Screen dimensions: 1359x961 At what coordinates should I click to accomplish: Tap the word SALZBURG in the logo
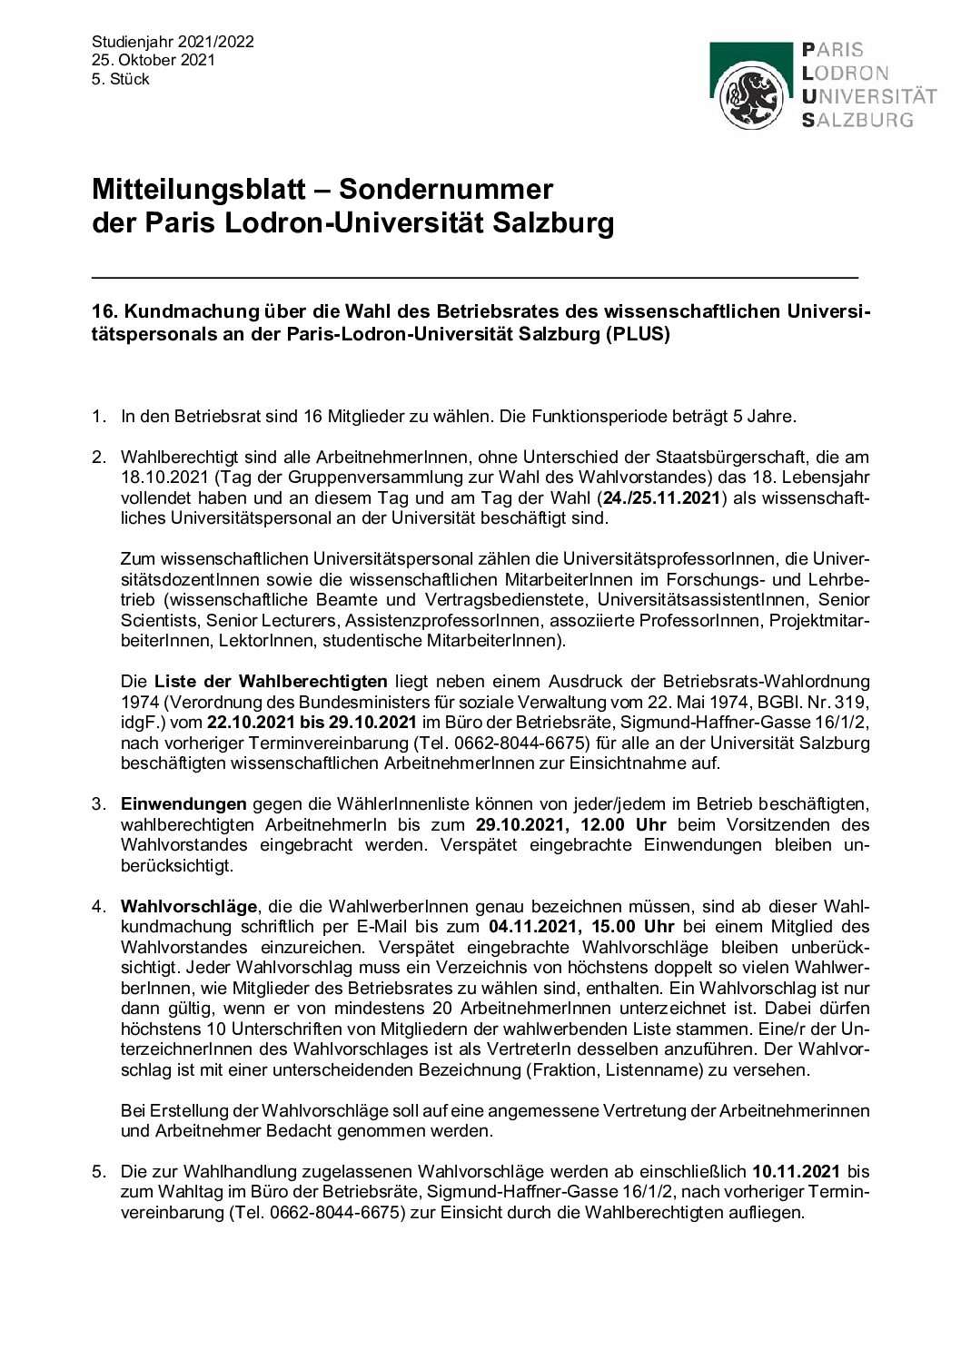click(x=858, y=119)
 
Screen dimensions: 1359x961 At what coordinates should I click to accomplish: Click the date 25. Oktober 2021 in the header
click(x=154, y=60)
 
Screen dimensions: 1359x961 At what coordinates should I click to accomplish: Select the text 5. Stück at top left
click(x=120, y=79)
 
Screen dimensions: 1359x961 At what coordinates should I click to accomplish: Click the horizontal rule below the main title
click(x=475, y=275)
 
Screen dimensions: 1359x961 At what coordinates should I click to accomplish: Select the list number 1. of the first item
click(x=98, y=417)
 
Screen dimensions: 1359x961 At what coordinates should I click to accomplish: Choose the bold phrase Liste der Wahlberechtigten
click(x=271, y=682)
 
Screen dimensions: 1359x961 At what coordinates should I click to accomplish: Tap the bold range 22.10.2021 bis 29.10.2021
click(x=312, y=722)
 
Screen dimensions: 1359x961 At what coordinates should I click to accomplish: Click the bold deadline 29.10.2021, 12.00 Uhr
click(x=570, y=824)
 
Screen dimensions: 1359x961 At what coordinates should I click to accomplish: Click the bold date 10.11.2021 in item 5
click(x=796, y=1171)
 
